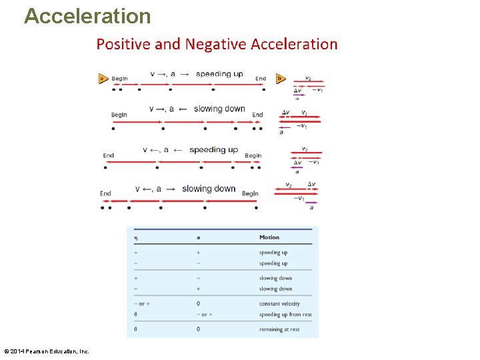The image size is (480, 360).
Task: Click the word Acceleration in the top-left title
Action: pyautogui.click(x=87, y=15)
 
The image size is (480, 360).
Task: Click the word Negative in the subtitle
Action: pyautogui.click(x=216, y=44)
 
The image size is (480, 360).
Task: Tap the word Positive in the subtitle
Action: pyautogui.click(x=123, y=44)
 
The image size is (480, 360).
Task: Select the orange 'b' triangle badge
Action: pyautogui.click(x=281, y=78)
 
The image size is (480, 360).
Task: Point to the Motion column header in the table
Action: pyautogui.click(x=269, y=237)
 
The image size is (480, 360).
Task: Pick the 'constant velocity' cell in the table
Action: pyautogui.click(x=279, y=304)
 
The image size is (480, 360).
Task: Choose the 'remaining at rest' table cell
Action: pyautogui.click(x=279, y=329)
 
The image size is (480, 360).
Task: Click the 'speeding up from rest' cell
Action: pyautogui.click(x=285, y=315)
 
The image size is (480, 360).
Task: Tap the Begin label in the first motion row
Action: pyautogui.click(x=119, y=79)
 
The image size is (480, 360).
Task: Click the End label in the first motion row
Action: pyautogui.click(x=261, y=79)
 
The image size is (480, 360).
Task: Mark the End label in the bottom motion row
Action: pyautogui.click(x=105, y=193)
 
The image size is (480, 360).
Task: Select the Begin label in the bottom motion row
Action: pyautogui.click(x=250, y=193)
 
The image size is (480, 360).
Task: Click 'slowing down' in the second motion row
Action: pyautogui.click(x=219, y=109)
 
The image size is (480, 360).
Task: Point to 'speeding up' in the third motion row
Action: pyautogui.click(x=213, y=150)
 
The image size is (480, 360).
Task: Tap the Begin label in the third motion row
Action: pyautogui.click(x=253, y=155)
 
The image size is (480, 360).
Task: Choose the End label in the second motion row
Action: pyautogui.click(x=258, y=115)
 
